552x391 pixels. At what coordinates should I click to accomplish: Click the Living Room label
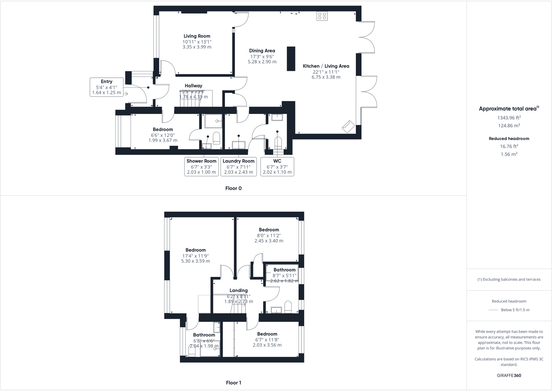pos(197,36)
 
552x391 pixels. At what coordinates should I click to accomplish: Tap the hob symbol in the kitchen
pos(322,16)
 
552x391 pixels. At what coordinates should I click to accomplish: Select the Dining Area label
pos(262,51)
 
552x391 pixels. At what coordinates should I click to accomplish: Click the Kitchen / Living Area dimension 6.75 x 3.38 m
pos(326,77)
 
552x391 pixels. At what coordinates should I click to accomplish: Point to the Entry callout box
pos(107,87)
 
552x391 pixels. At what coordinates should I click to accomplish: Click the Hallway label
pos(193,86)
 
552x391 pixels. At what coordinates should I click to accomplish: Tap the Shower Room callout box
pos(201,167)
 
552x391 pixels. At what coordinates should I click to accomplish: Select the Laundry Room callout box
pos(239,167)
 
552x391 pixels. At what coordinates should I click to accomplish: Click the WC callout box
pos(277,167)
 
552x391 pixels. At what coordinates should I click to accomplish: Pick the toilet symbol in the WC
pos(278,143)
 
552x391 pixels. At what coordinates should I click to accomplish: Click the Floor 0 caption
pos(233,188)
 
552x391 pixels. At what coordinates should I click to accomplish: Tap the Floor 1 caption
pos(233,383)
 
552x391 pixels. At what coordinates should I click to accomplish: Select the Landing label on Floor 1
pos(239,290)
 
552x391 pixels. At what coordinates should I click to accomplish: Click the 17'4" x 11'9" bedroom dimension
pos(195,256)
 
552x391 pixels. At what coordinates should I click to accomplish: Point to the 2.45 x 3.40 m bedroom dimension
pos(269,241)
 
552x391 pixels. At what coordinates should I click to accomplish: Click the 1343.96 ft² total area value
pos(509,118)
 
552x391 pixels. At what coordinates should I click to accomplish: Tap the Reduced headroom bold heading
pos(509,138)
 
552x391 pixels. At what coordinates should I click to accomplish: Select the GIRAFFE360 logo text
pos(509,375)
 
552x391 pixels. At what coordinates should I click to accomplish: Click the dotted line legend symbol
pos(493,310)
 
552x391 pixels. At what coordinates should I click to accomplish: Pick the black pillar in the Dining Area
pos(291,59)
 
